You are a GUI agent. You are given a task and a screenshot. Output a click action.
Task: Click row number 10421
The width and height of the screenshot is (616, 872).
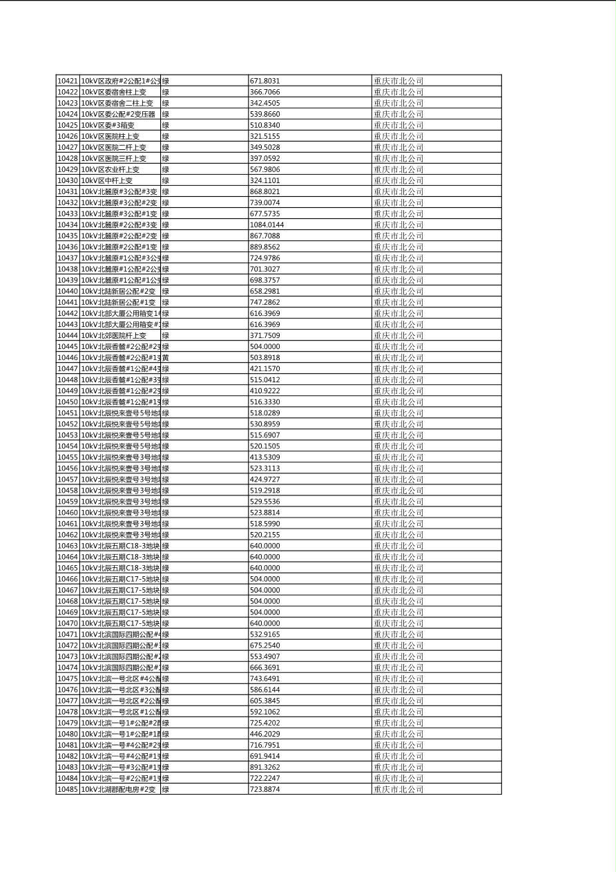tap(67, 81)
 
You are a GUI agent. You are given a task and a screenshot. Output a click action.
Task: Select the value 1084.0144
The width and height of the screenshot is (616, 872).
tap(267, 225)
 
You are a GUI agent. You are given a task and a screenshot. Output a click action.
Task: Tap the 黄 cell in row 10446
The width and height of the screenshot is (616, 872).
tap(166, 357)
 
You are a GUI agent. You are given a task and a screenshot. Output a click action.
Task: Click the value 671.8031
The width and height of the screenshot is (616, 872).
tap(264, 81)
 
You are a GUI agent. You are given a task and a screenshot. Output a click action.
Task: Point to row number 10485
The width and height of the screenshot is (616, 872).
tap(67, 789)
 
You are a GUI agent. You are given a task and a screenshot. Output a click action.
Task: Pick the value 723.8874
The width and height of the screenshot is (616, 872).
tap(264, 789)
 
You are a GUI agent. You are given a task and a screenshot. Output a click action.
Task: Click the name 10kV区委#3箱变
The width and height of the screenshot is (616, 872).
tap(108, 125)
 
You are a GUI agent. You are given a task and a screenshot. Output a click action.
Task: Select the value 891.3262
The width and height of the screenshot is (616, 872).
tap(264, 767)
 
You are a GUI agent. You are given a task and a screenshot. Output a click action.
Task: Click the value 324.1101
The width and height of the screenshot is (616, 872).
tap(264, 180)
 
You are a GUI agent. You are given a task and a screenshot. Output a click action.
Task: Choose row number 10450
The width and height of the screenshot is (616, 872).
tap(67, 401)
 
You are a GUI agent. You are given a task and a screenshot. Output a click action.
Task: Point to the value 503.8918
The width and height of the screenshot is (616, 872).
tap(264, 357)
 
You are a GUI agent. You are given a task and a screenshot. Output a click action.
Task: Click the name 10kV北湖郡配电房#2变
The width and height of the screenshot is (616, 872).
tap(118, 789)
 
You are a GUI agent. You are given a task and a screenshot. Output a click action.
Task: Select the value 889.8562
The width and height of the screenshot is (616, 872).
tap(264, 247)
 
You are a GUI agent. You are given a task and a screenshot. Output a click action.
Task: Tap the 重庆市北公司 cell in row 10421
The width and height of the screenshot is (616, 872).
tap(398, 81)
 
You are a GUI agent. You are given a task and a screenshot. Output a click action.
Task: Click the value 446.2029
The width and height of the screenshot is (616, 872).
tap(264, 734)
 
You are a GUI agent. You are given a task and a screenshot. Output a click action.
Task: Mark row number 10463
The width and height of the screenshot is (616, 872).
tap(67, 546)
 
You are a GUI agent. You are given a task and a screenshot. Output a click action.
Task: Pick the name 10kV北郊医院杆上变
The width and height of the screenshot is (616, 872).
tap(114, 335)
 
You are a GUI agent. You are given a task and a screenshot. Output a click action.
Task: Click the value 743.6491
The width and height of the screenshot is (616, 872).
tap(264, 679)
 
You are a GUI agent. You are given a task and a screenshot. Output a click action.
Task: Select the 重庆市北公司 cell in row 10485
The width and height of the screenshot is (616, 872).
tap(398, 789)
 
